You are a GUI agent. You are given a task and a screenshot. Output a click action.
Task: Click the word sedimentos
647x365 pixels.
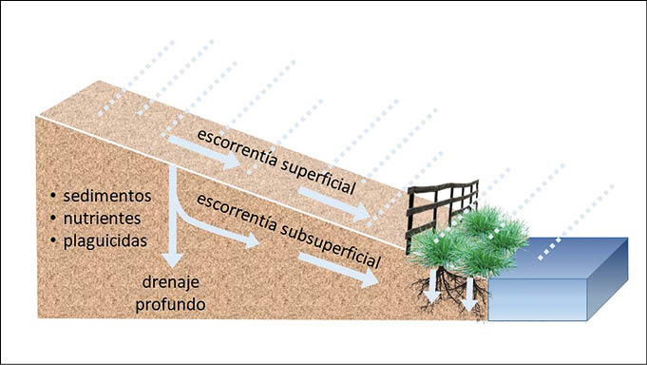pyautogui.click(x=107, y=196)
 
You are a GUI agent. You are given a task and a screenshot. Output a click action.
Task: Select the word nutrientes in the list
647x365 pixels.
pyautogui.click(x=102, y=219)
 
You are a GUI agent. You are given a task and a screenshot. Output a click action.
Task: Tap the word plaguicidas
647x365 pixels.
pyautogui.click(x=105, y=241)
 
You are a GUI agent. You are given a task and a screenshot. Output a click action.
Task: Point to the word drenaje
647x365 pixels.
pyautogui.click(x=170, y=282)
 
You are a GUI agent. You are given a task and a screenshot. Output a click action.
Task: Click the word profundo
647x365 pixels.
pyautogui.click(x=170, y=305)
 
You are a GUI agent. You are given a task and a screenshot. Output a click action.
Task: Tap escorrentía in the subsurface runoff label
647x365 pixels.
pyautogui.click(x=237, y=212)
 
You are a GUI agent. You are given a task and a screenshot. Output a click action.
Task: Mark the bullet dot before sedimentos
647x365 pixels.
pyautogui.click(x=53, y=195)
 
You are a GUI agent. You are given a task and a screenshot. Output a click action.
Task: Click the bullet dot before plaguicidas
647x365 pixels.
pyautogui.click(x=53, y=240)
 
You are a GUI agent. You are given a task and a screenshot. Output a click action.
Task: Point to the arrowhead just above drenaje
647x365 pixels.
pyautogui.click(x=173, y=260)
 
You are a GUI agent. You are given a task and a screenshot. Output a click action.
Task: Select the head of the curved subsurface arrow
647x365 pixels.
pyautogui.click(x=252, y=240)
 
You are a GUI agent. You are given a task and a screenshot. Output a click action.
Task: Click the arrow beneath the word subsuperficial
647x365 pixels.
pyautogui.click(x=338, y=270)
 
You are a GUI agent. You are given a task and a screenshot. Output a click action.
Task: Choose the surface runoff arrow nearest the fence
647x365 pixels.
pyautogui.click(x=333, y=204)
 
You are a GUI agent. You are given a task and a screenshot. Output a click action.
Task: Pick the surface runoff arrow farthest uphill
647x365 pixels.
pyautogui.click(x=204, y=152)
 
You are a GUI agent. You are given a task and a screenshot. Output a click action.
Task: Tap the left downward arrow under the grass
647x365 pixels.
pyautogui.click(x=432, y=286)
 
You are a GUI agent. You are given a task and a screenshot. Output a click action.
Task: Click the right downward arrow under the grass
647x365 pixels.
pyautogui.click(x=469, y=294)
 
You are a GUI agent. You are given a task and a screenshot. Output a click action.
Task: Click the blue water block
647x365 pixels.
pyautogui.click(x=558, y=279)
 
